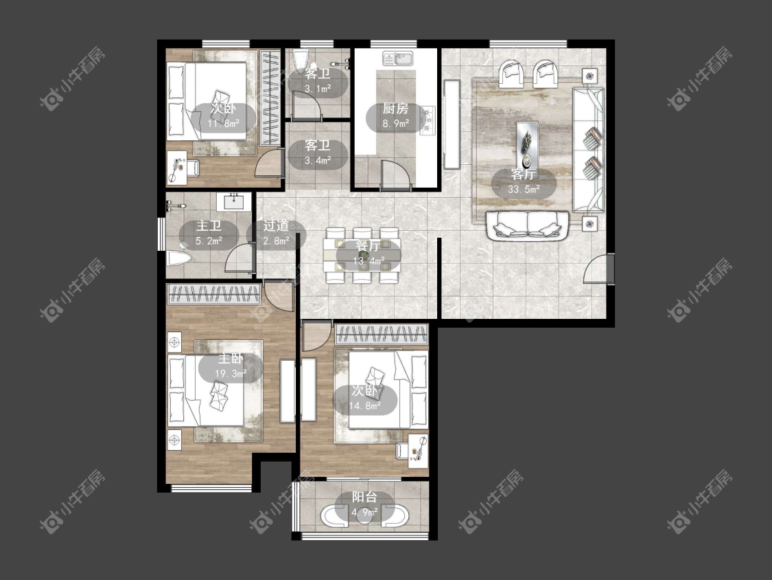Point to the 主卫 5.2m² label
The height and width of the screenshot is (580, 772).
coord(209,234)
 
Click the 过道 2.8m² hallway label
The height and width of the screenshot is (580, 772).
coord(276,234)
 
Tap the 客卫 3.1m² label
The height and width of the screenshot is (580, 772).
coord(318,82)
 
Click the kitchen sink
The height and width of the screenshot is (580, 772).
coord(399,58)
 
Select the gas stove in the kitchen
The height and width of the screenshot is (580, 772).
coord(428,120)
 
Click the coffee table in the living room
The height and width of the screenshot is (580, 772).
coord(527,144)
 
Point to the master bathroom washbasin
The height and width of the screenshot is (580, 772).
coord(235,201)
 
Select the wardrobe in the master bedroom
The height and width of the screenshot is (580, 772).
coord(213,294)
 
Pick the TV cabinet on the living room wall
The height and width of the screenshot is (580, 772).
coord(452,125)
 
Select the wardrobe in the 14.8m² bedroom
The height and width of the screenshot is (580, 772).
coord(382,334)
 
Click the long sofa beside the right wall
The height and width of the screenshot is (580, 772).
coord(588,150)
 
